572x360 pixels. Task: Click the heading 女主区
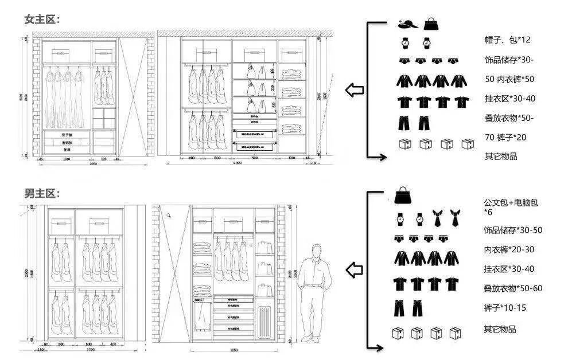click(41, 19)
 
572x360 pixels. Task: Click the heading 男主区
click(41, 194)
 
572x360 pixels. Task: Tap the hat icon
click(407, 24)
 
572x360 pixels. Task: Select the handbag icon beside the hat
click(430, 24)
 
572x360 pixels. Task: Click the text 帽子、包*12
click(507, 40)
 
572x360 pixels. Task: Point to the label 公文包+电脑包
click(511, 202)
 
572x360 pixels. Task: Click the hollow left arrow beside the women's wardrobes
click(355, 90)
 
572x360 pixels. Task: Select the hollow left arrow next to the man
click(355, 269)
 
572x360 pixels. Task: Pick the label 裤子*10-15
click(505, 308)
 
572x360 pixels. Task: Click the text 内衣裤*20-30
click(509, 249)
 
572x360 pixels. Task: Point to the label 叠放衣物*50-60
click(513, 288)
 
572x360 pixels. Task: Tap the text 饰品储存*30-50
click(513, 230)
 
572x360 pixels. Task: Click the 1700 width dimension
click(90, 349)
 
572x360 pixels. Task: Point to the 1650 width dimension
click(234, 349)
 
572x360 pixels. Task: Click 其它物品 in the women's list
click(500, 156)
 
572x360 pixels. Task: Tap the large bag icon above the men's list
click(404, 195)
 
